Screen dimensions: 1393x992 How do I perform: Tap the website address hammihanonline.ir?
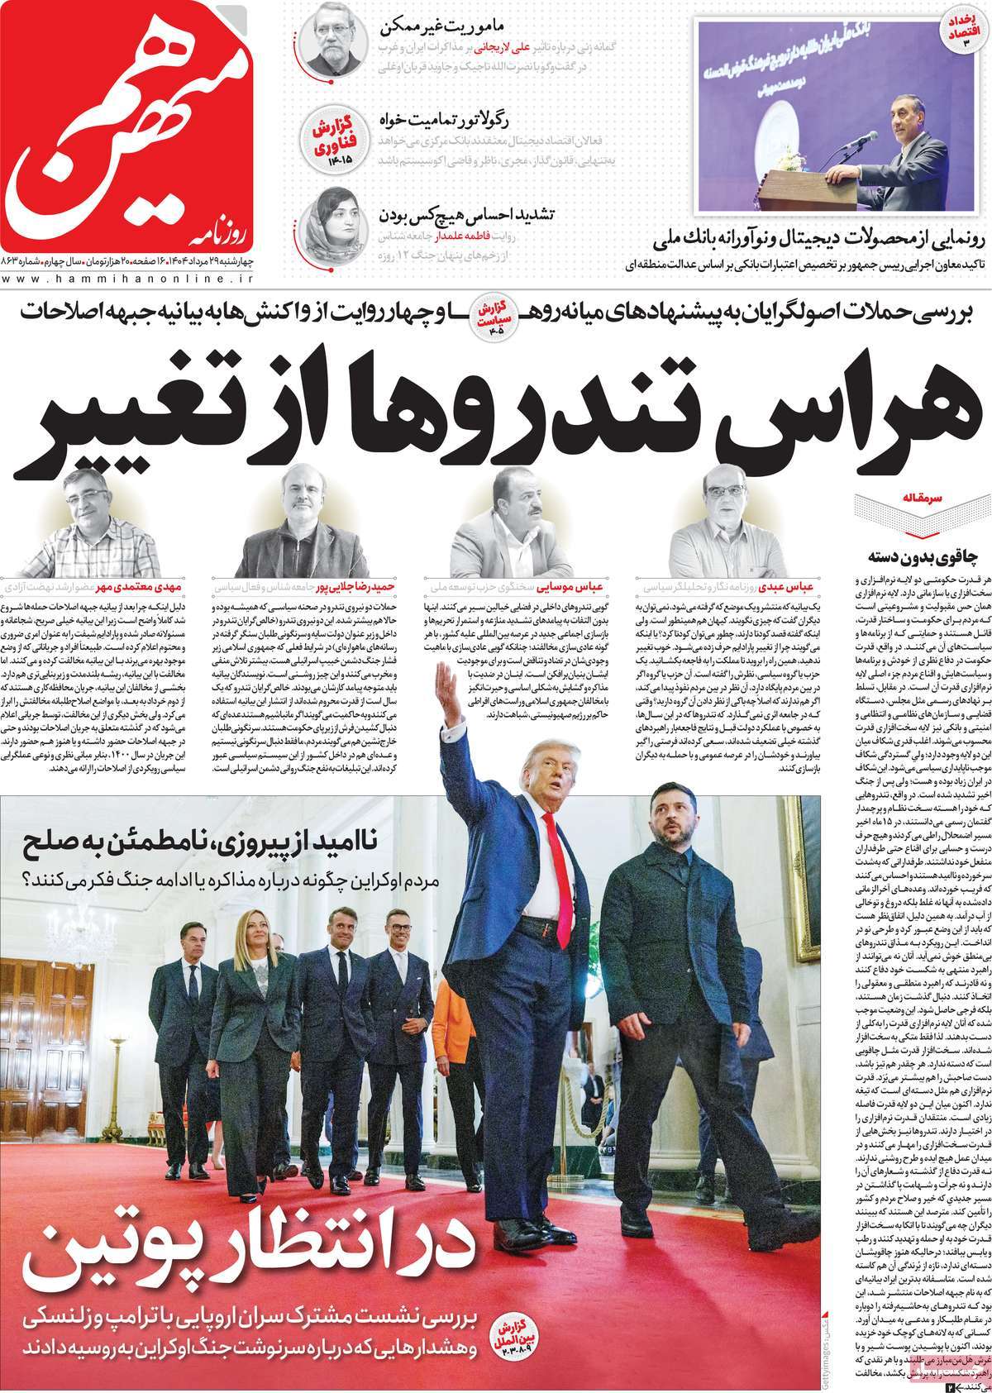[x=132, y=279]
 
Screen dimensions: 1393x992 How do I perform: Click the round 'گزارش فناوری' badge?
[x=331, y=141]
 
